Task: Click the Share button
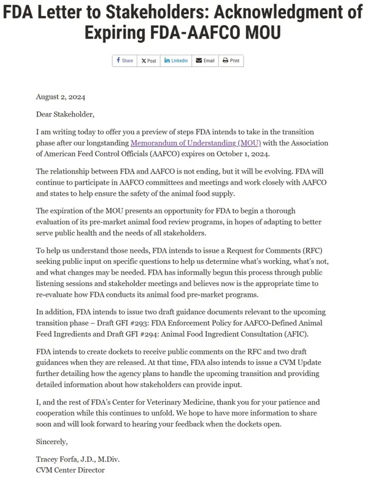(x=125, y=61)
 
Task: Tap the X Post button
(x=148, y=61)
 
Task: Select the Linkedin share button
(x=176, y=61)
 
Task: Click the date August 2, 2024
(x=60, y=97)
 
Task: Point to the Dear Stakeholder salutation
(x=66, y=114)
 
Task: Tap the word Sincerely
(x=52, y=441)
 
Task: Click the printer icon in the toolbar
(x=225, y=61)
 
